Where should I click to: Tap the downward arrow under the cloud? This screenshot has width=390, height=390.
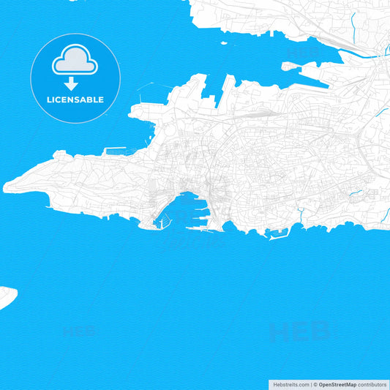pos(75,84)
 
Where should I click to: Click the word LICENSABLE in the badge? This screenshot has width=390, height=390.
pos(75,100)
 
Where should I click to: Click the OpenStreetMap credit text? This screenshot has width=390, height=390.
pos(337,383)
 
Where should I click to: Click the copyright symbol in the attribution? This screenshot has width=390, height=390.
pos(315,383)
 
